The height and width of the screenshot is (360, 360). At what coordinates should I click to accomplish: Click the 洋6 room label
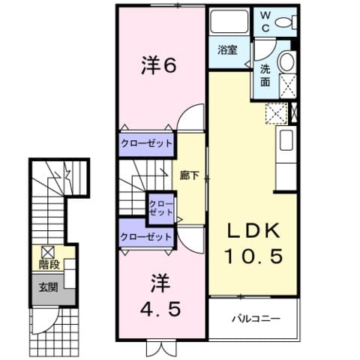coord(159,67)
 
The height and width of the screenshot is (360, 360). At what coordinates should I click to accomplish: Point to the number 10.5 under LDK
coord(253,256)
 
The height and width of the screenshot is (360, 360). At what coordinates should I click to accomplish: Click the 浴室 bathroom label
coord(228,50)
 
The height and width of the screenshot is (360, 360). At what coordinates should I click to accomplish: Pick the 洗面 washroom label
coord(266,74)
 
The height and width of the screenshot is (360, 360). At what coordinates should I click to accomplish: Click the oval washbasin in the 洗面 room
coord(286,61)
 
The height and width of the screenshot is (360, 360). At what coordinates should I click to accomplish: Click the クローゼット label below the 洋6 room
coord(147,142)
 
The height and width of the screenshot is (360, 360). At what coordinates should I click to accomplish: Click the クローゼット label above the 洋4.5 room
coord(147,237)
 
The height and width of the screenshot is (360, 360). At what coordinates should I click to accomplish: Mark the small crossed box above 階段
coord(46,252)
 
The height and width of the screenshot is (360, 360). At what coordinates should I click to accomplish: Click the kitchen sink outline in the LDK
coord(286,141)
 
